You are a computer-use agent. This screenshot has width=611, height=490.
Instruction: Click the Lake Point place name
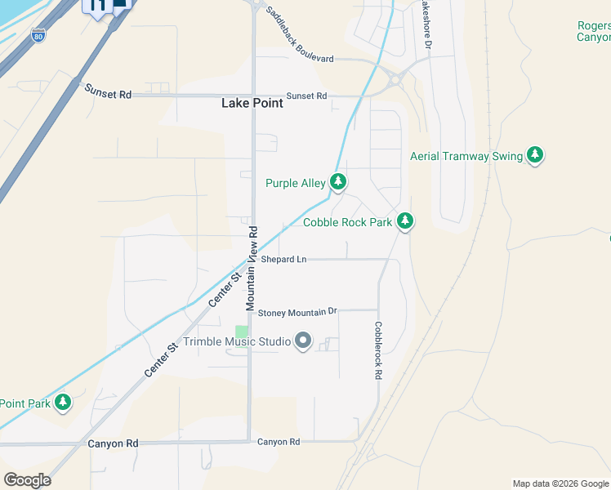[252, 103]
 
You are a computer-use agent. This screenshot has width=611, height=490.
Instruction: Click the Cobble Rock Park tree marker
[404, 221]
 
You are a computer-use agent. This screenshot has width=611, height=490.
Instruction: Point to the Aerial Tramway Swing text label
[466, 156]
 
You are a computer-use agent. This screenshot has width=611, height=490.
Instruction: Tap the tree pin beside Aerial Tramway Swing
[535, 155]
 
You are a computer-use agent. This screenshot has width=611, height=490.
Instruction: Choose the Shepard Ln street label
[284, 260]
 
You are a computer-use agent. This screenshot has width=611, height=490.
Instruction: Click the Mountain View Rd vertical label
[252, 267]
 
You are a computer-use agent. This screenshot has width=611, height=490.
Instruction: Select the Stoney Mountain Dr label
[297, 312]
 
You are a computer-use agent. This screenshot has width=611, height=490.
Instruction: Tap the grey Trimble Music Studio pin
[303, 341]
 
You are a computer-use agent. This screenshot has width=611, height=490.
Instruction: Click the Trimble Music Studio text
[238, 341]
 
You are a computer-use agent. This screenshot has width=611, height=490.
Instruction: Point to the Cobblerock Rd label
[378, 350]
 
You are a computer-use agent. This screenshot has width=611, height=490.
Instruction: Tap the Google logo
[27, 479]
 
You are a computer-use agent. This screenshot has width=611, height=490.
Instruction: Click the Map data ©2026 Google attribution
[560, 483]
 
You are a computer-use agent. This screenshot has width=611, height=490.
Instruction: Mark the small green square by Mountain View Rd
[241, 331]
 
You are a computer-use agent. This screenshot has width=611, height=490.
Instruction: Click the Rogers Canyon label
[593, 31]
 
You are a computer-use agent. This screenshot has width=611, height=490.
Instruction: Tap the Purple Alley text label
[295, 183]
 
